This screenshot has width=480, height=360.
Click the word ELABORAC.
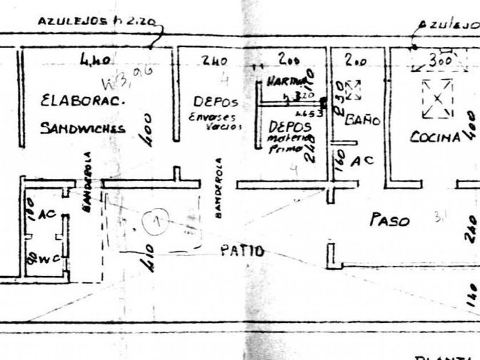(82, 101)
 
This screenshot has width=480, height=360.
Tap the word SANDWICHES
(82, 128)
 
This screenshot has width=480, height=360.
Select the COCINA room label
(435, 137)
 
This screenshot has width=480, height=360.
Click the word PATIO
(243, 251)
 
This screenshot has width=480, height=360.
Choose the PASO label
(390, 220)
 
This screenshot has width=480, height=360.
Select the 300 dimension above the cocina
(440, 59)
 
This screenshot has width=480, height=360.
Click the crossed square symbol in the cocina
(437, 98)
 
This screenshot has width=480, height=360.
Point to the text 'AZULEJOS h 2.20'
(97, 22)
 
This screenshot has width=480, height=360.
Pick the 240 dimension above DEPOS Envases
(215, 61)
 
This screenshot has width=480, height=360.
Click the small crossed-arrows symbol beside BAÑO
(353, 89)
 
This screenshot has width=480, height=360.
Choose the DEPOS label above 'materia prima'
(290, 125)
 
